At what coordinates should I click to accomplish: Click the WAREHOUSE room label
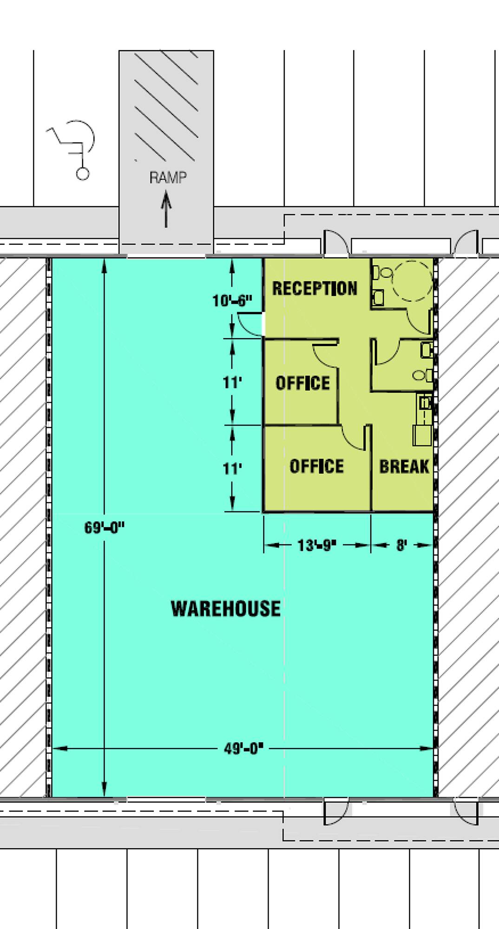click(226, 608)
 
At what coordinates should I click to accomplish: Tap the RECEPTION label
click(315, 288)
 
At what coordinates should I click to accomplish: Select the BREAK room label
click(404, 466)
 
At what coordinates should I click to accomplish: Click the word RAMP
click(168, 177)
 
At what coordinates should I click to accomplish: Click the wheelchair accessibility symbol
click(72, 149)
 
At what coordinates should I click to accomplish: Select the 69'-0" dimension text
click(104, 528)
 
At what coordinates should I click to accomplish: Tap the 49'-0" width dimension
click(243, 749)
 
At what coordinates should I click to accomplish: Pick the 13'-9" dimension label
click(316, 545)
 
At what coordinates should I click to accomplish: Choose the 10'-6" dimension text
click(232, 301)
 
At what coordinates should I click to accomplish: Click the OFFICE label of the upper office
click(303, 383)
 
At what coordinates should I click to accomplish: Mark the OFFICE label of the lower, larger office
click(317, 466)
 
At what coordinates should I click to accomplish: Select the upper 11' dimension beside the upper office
click(232, 383)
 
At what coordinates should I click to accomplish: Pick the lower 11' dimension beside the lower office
click(232, 468)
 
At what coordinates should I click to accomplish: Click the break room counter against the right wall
click(423, 420)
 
